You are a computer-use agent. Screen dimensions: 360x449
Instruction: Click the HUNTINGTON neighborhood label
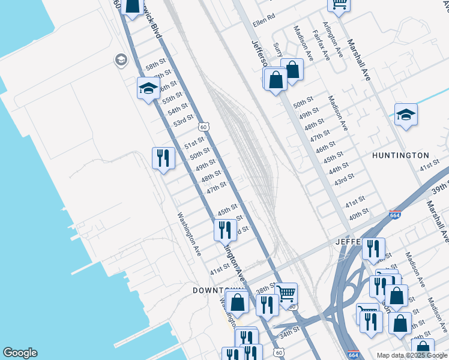(400, 155)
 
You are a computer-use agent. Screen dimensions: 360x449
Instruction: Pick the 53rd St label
(184, 121)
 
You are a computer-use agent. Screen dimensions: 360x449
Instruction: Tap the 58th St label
(155, 64)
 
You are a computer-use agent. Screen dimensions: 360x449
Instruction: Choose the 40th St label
(358, 214)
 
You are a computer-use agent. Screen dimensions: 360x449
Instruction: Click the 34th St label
(289, 331)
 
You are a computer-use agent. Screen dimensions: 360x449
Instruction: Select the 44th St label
(339, 166)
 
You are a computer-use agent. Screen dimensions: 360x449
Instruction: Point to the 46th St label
(325, 146)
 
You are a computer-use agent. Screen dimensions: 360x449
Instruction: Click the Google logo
(20, 353)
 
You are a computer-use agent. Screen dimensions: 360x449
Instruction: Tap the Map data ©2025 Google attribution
(412, 355)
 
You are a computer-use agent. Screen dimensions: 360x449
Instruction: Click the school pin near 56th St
(148, 89)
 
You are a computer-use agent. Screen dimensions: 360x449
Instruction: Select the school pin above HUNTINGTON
(406, 115)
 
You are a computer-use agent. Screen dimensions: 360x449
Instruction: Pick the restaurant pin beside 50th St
(163, 158)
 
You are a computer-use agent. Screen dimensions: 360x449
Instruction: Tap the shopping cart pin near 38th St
(286, 293)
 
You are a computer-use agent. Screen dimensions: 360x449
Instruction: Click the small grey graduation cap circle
(121, 59)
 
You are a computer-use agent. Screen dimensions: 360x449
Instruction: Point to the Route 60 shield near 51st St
(203, 127)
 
